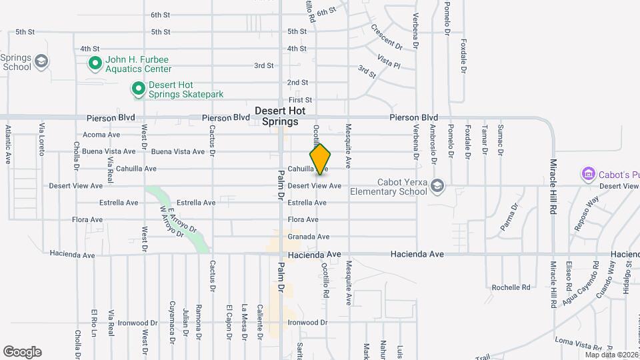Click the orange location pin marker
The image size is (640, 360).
pos(321,159)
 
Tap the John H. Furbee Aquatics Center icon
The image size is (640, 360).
pos(95,63)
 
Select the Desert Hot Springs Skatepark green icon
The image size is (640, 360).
pos(138,89)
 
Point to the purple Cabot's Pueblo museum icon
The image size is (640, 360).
pos(588,174)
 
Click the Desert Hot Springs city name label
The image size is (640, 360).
pos(280,116)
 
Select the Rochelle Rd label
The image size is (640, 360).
pos(511,287)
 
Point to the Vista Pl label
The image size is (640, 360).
pos(388,61)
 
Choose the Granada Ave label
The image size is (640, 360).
pos(308,237)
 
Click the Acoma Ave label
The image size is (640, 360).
pos(101,135)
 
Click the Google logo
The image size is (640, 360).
pos(22,352)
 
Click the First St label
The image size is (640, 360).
pos(300,99)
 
